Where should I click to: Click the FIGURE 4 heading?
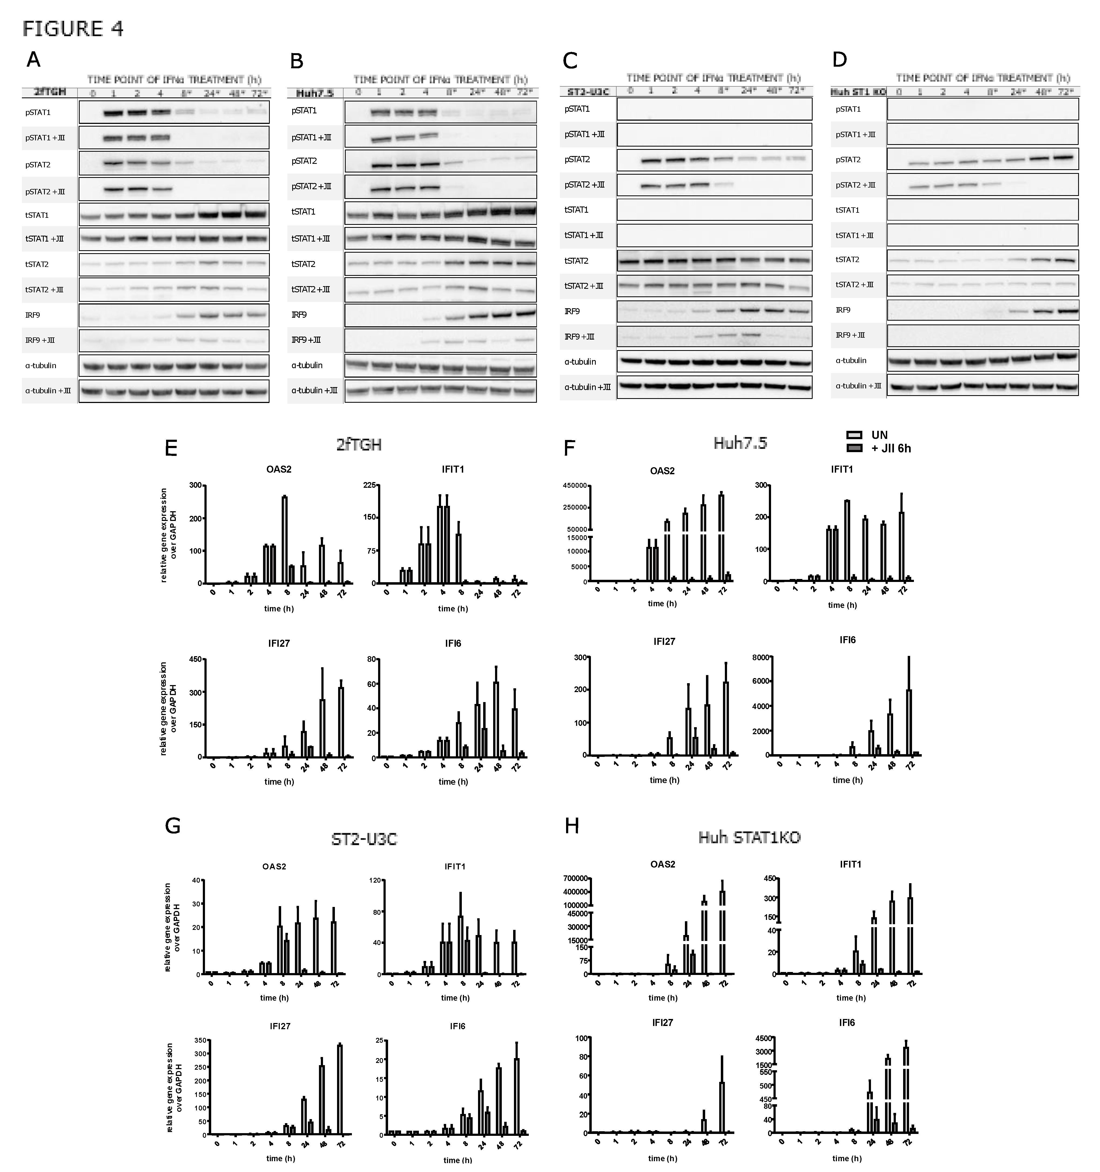coord(73,28)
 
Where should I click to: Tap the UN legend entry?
coord(879,435)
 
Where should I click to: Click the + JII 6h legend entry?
coord(891,449)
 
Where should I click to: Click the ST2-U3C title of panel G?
coord(364,838)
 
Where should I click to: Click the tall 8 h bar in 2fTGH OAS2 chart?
coord(284,539)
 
